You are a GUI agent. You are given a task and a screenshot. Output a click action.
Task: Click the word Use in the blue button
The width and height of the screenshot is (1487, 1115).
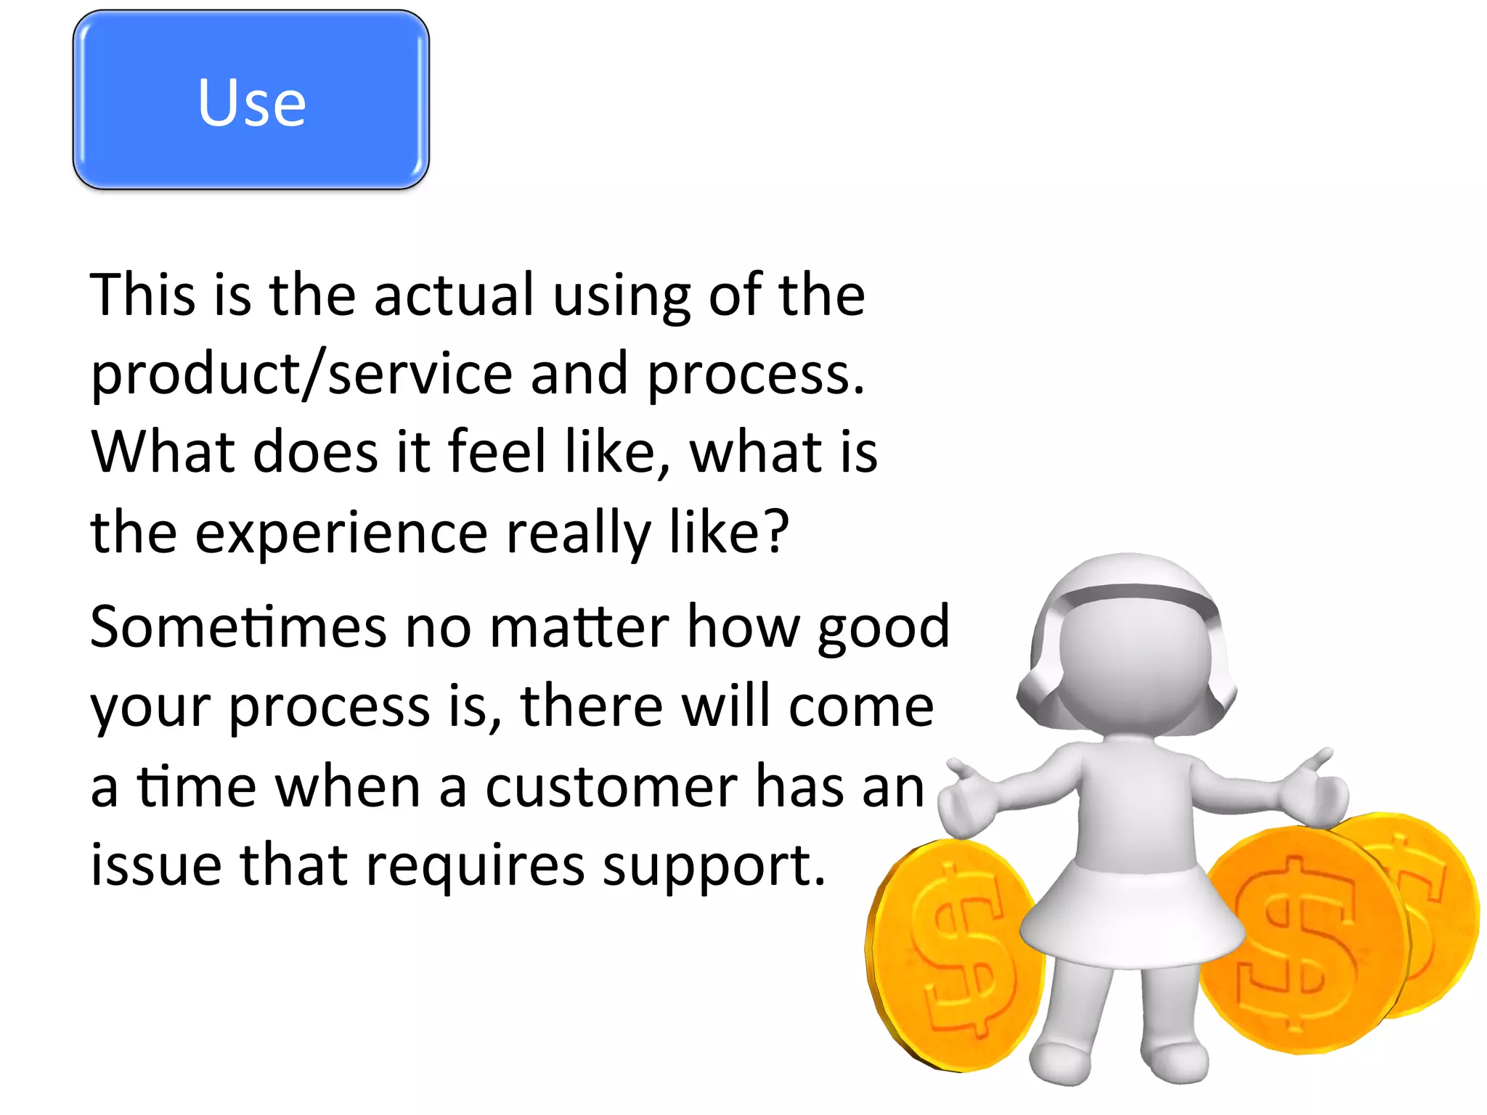click(251, 102)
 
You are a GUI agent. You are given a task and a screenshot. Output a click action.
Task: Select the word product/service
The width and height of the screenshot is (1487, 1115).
click(301, 375)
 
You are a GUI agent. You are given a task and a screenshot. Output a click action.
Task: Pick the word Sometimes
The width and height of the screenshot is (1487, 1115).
click(238, 626)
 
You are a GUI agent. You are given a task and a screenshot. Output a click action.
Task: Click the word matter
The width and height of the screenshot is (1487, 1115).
click(579, 626)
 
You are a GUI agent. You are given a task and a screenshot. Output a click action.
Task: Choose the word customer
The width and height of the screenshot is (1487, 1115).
click(611, 787)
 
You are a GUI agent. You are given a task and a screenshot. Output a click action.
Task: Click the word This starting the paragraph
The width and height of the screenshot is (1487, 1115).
click(142, 295)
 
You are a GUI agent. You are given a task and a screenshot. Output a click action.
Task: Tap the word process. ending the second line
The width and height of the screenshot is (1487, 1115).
click(755, 375)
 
